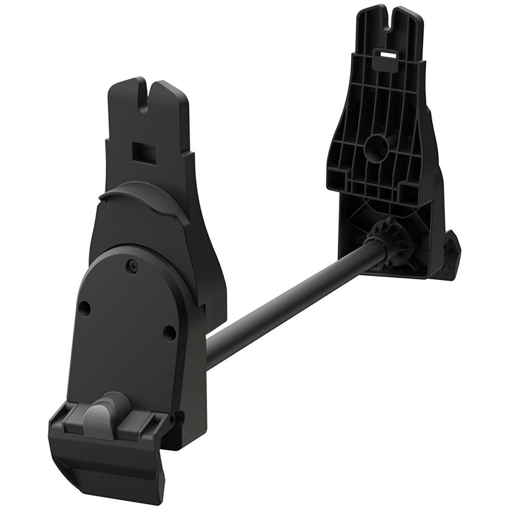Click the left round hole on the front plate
[86, 306]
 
